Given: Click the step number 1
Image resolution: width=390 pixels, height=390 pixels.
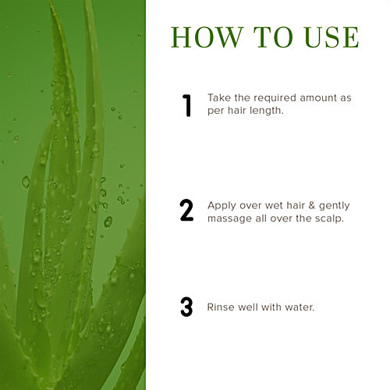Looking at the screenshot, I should tap(186, 105).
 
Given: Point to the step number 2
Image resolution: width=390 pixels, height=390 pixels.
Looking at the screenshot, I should tap(186, 211).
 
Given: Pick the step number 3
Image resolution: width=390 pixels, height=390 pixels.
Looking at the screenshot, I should tap(186, 307).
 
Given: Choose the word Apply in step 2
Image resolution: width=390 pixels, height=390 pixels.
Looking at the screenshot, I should tap(222, 205).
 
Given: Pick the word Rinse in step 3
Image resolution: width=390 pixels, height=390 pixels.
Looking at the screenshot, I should tap(222, 307).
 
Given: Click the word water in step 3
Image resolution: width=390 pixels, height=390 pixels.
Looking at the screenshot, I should tap(299, 307).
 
